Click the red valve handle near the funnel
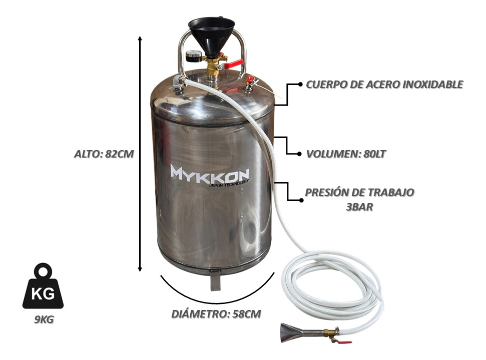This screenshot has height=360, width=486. pos(232,64)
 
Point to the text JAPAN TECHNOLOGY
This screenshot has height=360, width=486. pos(228,184)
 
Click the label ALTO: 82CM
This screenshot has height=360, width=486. pos(104,154)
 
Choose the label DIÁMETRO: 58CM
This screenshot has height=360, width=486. pos(216,314)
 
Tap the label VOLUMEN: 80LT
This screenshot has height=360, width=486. pos(346,154)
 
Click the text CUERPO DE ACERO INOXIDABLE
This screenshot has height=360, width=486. pos(384,84)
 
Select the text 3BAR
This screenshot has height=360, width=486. pos(359,207)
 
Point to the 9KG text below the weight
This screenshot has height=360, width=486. pos(44,319)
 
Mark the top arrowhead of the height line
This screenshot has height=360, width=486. pos(140,38)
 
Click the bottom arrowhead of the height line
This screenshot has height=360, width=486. pos(140,269)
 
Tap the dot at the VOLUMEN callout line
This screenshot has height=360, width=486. pos(299,154)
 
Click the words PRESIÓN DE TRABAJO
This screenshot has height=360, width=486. pos(359,192)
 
